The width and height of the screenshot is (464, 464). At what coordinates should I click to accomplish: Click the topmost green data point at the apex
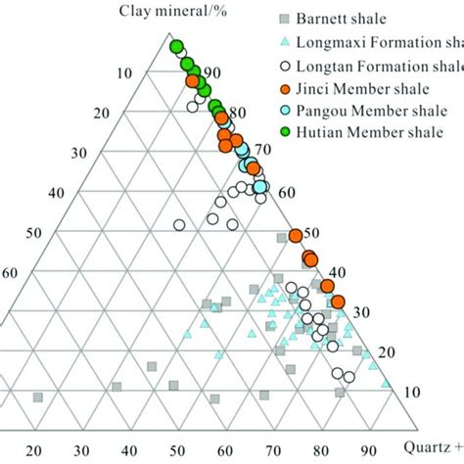(x=176, y=46)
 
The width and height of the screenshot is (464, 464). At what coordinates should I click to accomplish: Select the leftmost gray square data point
(x=38, y=397)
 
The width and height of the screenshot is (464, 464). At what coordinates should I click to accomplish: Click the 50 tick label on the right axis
(x=312, y=233)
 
